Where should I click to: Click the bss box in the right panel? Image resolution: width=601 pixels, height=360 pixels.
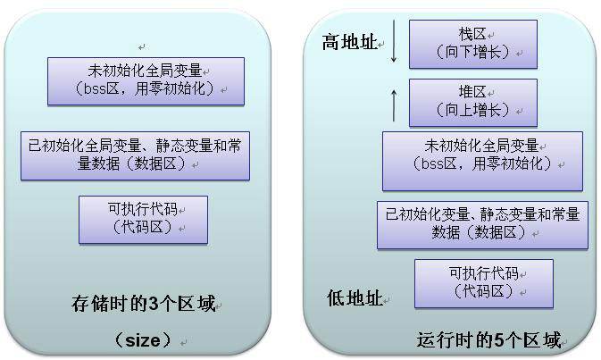pos(482,161)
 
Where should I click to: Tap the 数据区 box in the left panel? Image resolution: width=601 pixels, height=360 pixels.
pos(135,155)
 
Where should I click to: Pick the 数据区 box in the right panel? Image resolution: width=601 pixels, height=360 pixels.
pos(482,224)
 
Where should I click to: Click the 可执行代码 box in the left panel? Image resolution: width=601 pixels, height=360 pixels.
pos(143,219)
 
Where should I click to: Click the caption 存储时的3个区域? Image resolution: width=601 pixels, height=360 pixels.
pos(143,304)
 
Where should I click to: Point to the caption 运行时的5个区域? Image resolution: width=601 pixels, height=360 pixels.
pos(489,341)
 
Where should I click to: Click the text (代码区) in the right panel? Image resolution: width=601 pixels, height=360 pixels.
pos(483,291)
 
